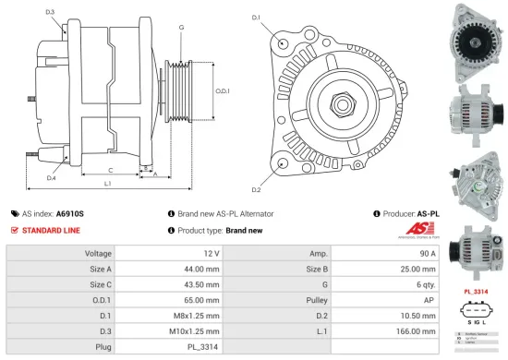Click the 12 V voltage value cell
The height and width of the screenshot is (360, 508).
click(x=211, y=253)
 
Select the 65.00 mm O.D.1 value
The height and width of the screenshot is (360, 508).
click(x=200, y=300)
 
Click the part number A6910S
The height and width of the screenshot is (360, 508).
click(x=69, y=212)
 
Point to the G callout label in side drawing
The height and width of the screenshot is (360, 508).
click(x=181, y=28)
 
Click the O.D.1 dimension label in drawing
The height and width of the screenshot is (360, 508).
click(x=223, y=90)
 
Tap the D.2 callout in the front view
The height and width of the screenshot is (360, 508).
click(x=256, y=190)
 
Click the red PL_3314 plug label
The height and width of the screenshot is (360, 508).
click(x=476, y=292)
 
